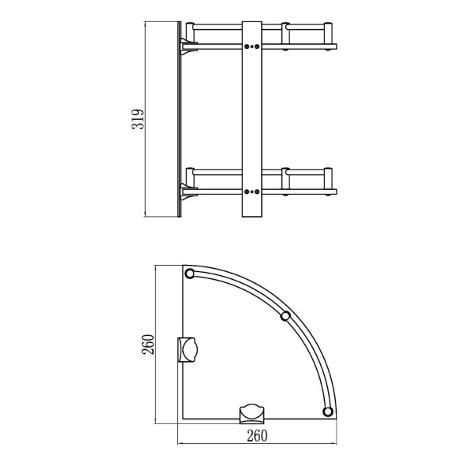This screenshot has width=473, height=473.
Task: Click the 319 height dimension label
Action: pos(137,120)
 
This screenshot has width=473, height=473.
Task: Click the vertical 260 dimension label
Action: pos(148,345)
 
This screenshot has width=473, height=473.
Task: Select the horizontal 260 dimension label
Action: pos(257,436)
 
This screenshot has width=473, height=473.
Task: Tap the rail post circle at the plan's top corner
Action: pos(190,274)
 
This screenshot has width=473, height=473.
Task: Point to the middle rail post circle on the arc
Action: pos(285,316)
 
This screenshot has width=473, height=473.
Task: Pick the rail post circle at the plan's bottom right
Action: pos(328,412)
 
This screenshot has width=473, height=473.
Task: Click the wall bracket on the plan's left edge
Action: pos(188,349)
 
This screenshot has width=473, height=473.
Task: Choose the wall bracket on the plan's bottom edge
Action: pos(252,414)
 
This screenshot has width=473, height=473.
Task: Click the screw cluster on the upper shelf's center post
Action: pos(252,47)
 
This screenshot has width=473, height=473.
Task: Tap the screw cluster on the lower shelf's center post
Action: pos(252,192)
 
